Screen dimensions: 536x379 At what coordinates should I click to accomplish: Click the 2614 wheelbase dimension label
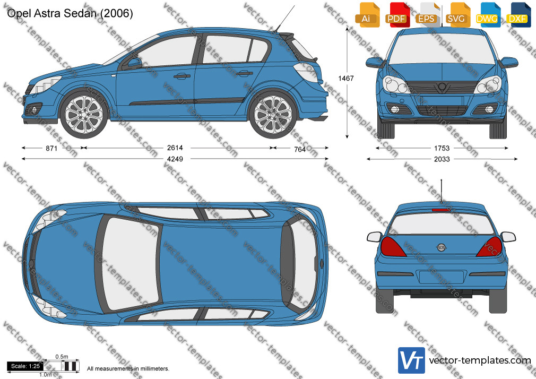[x=175, y=148]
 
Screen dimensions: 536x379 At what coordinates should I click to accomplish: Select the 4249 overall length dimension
[x=175, y=159]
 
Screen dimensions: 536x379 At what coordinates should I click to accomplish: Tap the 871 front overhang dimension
[x=51, y=148]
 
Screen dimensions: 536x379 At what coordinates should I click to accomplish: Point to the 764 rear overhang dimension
[x=300, y=149]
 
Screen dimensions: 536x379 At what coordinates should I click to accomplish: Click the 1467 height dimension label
[x=346, y=79]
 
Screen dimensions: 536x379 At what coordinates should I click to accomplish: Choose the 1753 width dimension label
[x=442, y=148]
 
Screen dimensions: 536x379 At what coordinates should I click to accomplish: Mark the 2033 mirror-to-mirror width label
[x=442, y=159]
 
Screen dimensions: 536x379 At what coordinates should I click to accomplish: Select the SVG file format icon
[x=457, y=15]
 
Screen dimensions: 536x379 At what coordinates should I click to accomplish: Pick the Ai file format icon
[x=367, y=15]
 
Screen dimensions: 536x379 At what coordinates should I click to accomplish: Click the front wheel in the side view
[x=84, y=114]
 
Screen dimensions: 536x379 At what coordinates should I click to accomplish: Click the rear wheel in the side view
[x=272, y=114]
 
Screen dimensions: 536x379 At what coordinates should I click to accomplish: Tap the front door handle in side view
[x=181, y=75]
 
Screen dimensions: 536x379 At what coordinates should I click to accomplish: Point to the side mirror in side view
[x=134, y=63]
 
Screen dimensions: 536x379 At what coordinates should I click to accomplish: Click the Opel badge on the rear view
[x=441, y=247]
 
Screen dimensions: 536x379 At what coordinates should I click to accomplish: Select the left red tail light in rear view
[x=392, y=246]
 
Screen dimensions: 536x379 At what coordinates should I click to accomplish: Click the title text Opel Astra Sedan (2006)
[x=70, y=13]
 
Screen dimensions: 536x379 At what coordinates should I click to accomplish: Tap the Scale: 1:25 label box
[x=25, y=366]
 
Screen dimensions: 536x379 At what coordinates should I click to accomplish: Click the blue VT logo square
[x=412, y=360]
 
